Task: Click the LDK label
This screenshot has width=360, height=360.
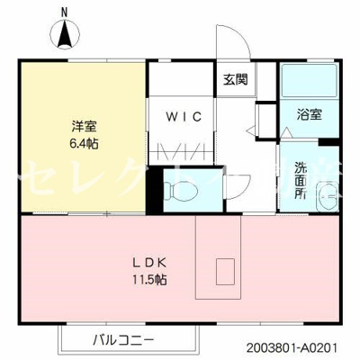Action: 152,262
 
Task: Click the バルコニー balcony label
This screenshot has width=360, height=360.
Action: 122,340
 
